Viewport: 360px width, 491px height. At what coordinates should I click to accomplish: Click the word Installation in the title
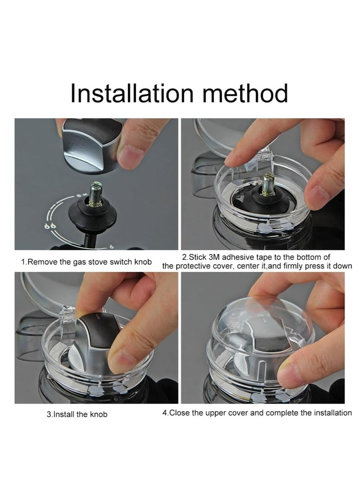click(x=132, y=94)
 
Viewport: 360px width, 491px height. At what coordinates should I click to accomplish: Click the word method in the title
click(x=245, y=94)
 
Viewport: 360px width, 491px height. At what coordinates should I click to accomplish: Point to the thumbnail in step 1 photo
click(x=132, y=156)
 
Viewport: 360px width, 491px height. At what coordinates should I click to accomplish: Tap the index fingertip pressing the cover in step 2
click(x=234, y=158)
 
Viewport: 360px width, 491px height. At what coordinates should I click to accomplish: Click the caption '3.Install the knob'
click(x=77, y=414)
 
